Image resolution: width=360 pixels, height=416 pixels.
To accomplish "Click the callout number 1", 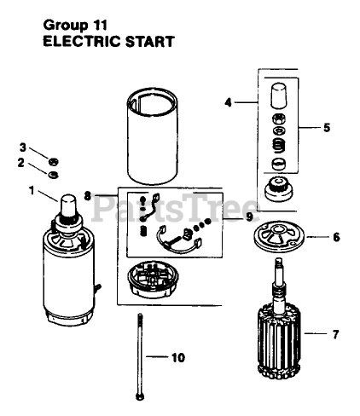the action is point(32,191).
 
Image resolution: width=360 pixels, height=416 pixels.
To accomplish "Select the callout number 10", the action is point(178,357).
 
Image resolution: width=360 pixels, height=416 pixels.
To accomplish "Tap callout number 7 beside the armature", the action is point(336,334).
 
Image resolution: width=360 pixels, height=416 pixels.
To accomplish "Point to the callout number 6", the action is point(336,237).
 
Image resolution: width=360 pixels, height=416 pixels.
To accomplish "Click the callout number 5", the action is point(327,128).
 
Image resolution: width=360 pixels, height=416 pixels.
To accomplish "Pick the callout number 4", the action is point(228,102).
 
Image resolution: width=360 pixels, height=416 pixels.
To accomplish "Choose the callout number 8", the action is point(88,196).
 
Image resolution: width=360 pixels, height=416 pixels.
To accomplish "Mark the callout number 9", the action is point(249,217).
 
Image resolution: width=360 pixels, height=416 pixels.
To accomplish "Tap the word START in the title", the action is point(149,42).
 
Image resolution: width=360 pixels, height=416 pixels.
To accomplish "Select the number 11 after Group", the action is point(99,26).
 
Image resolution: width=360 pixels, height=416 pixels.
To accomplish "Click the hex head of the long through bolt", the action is point(140,396).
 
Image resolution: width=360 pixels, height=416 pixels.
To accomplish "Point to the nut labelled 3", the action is point(53,162).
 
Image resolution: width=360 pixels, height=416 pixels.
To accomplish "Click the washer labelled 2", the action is point(53,175).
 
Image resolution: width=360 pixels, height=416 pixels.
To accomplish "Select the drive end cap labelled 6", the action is point(279,236).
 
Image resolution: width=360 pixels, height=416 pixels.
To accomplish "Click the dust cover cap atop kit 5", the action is point(279,95).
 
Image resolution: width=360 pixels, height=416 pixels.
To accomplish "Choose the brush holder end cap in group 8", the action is point(154,280).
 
